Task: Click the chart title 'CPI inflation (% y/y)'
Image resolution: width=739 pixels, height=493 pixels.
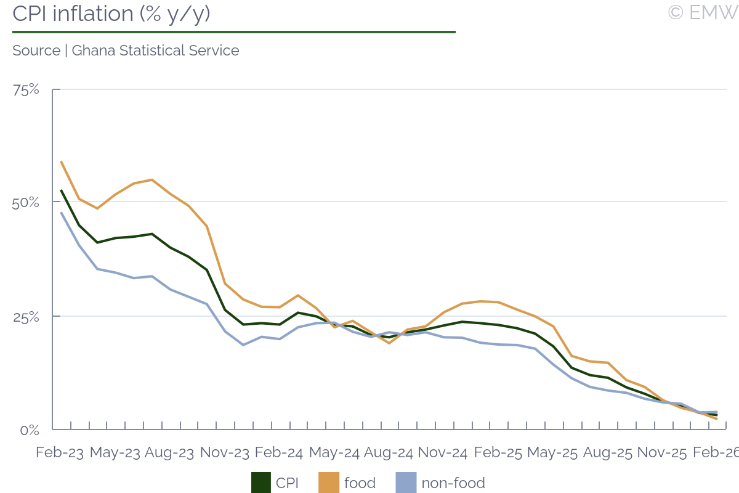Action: [111, 14]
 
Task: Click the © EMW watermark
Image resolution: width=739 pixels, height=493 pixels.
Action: [703, 12]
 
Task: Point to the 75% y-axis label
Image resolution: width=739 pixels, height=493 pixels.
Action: [26, 90]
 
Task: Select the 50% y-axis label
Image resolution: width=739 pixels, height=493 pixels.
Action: [26, 203]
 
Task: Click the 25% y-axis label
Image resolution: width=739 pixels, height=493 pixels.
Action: [26, 317]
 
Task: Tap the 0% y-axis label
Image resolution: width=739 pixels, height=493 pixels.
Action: [30, 430]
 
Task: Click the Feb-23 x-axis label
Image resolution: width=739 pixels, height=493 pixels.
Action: [60, 452]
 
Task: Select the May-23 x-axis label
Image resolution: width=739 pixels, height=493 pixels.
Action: [115, 452]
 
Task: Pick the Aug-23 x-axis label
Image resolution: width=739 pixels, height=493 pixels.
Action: [169, 452]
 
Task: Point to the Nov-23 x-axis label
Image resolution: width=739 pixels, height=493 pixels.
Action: [225, 452]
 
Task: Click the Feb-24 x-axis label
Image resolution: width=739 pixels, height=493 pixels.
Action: [279, 452]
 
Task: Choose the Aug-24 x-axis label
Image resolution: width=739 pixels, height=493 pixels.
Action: [389, 452]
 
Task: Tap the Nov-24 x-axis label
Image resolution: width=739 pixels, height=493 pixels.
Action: [443, 452]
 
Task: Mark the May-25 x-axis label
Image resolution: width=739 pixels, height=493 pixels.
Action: [552, 452]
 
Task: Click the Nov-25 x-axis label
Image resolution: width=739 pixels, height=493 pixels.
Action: [661, 452]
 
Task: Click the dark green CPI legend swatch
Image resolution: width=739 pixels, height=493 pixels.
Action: [261, 483]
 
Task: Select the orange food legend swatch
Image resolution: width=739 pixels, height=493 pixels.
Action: [328, 483]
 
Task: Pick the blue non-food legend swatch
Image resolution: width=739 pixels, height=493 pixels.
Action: [405, 483]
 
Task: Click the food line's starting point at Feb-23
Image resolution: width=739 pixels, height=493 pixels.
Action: [61, 161]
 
